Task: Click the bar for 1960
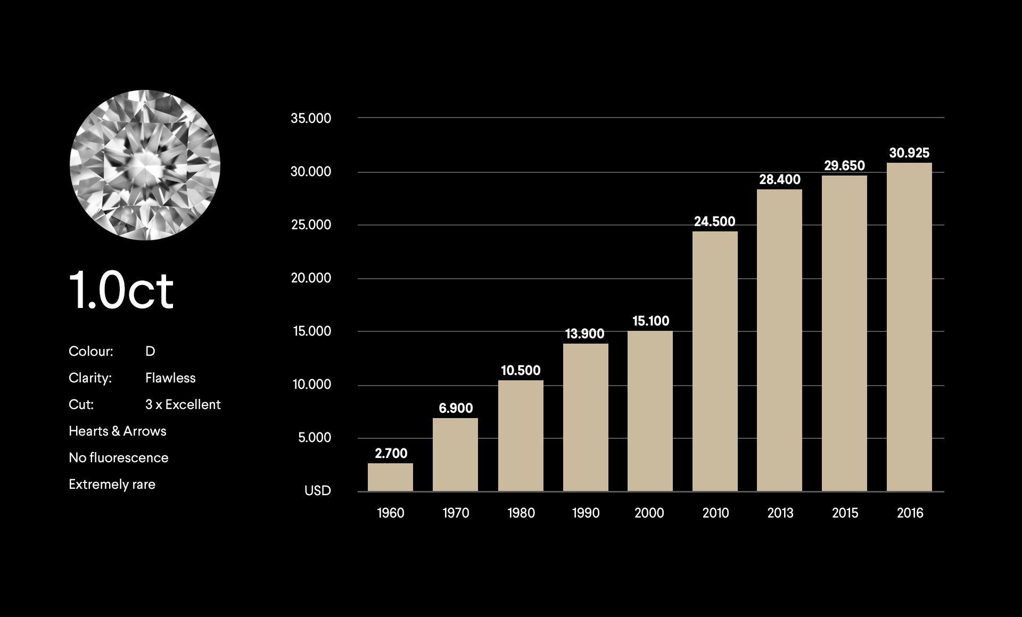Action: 390,477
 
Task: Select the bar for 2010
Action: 715,362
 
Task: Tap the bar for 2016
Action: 909,327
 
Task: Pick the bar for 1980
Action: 521,436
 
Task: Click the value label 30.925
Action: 909,153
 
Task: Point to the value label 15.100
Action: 650,321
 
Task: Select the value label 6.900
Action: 456,408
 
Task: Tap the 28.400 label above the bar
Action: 780,180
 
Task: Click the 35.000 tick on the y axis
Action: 311,118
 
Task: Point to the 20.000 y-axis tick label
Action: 311,278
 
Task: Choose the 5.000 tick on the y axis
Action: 314,437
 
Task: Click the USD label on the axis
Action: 318,490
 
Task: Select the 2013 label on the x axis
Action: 780,513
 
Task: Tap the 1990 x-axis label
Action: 586,513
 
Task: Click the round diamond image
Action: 145,165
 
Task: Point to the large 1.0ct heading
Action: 121,290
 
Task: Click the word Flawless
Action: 170,378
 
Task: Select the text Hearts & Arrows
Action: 118,431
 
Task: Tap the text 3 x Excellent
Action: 183,404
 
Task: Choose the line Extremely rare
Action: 112,484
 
